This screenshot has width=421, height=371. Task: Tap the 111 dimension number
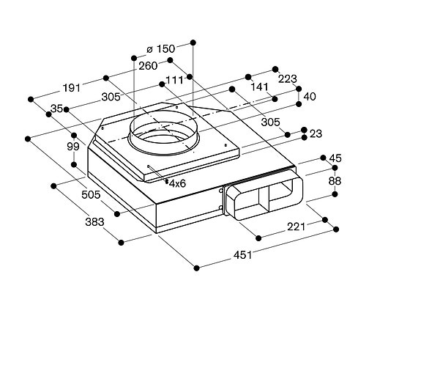(174, 80)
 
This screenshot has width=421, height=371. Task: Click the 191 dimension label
(70, 87)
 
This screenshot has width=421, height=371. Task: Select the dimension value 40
(310, 95)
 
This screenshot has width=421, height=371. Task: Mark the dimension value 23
(316, 133)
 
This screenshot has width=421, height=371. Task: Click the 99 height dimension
(72, 147)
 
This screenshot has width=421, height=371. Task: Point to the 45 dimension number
(335, 158)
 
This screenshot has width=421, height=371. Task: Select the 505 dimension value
(90, 196)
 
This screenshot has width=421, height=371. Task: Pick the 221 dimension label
(295, 227)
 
